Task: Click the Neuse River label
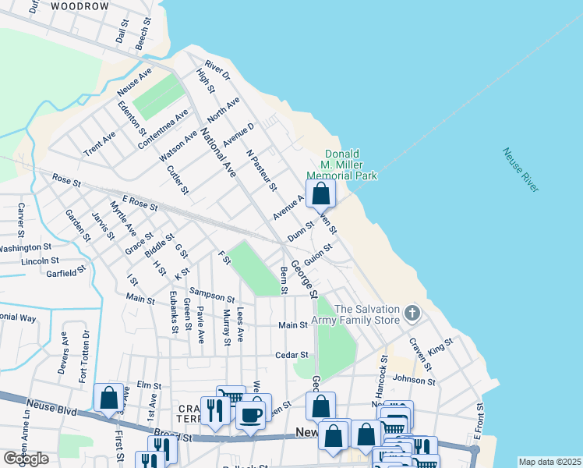point(520,170)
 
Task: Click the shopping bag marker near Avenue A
point(320,193)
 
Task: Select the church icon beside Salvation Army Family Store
point(412,314)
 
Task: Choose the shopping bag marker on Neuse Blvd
point(108,398)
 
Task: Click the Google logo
point(26,459)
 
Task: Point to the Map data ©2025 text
point(549,462)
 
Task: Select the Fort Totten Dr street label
point(84,355)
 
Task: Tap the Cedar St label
point(292,355)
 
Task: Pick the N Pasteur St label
point(261,171)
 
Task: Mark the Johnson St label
point(413,380)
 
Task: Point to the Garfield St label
point(65,272)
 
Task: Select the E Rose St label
point(140,205)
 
